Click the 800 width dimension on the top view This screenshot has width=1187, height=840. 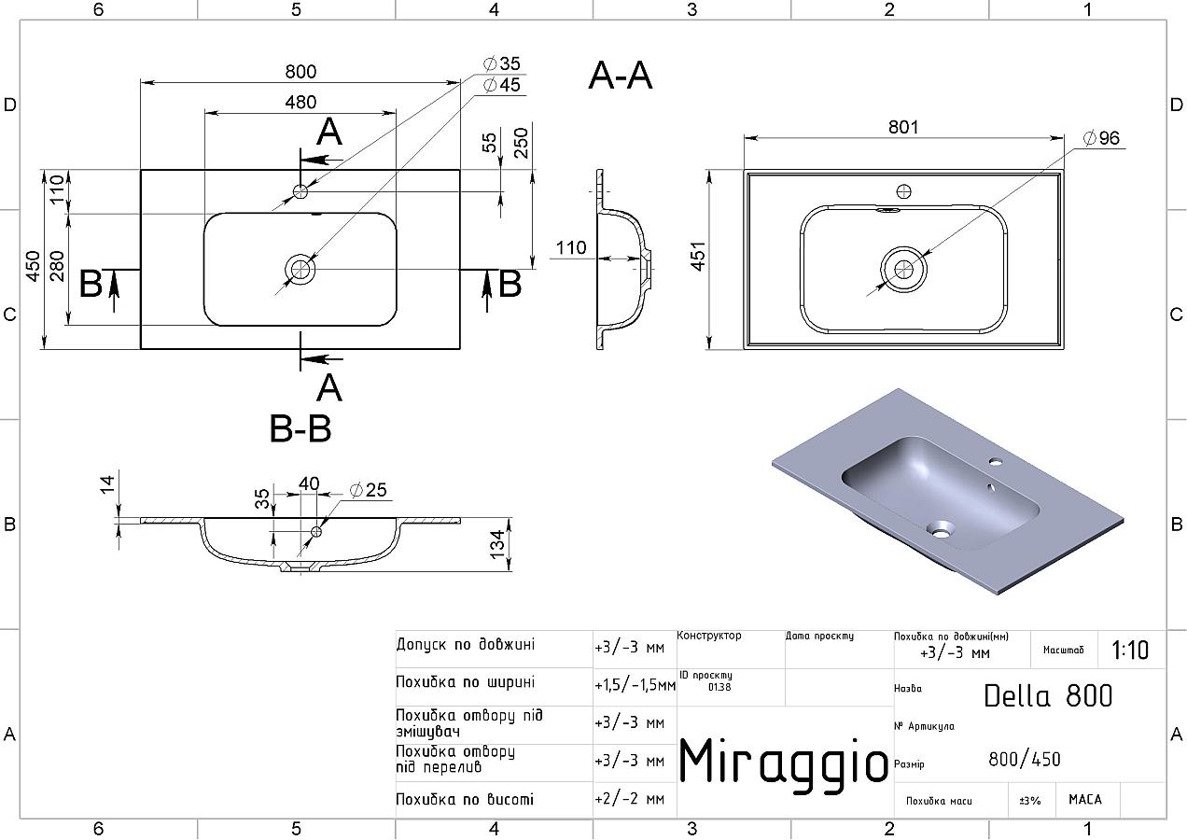300,72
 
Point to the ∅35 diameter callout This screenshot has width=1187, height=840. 501,64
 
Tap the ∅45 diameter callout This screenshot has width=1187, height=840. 501,86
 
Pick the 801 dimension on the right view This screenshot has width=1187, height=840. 903,127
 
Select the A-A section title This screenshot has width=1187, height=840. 621,77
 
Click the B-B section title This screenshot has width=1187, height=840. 300,428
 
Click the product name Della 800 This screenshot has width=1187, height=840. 1048,696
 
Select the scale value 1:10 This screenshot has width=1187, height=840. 1131,650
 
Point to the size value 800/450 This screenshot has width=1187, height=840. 1025,760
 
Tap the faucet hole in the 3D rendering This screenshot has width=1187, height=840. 995,461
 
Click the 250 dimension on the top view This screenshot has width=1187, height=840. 522,142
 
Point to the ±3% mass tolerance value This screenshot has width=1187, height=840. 1030,800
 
